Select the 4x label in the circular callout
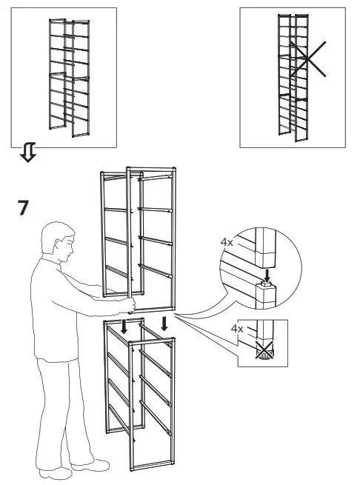227,241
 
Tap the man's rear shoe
56,471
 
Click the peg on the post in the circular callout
264,284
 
